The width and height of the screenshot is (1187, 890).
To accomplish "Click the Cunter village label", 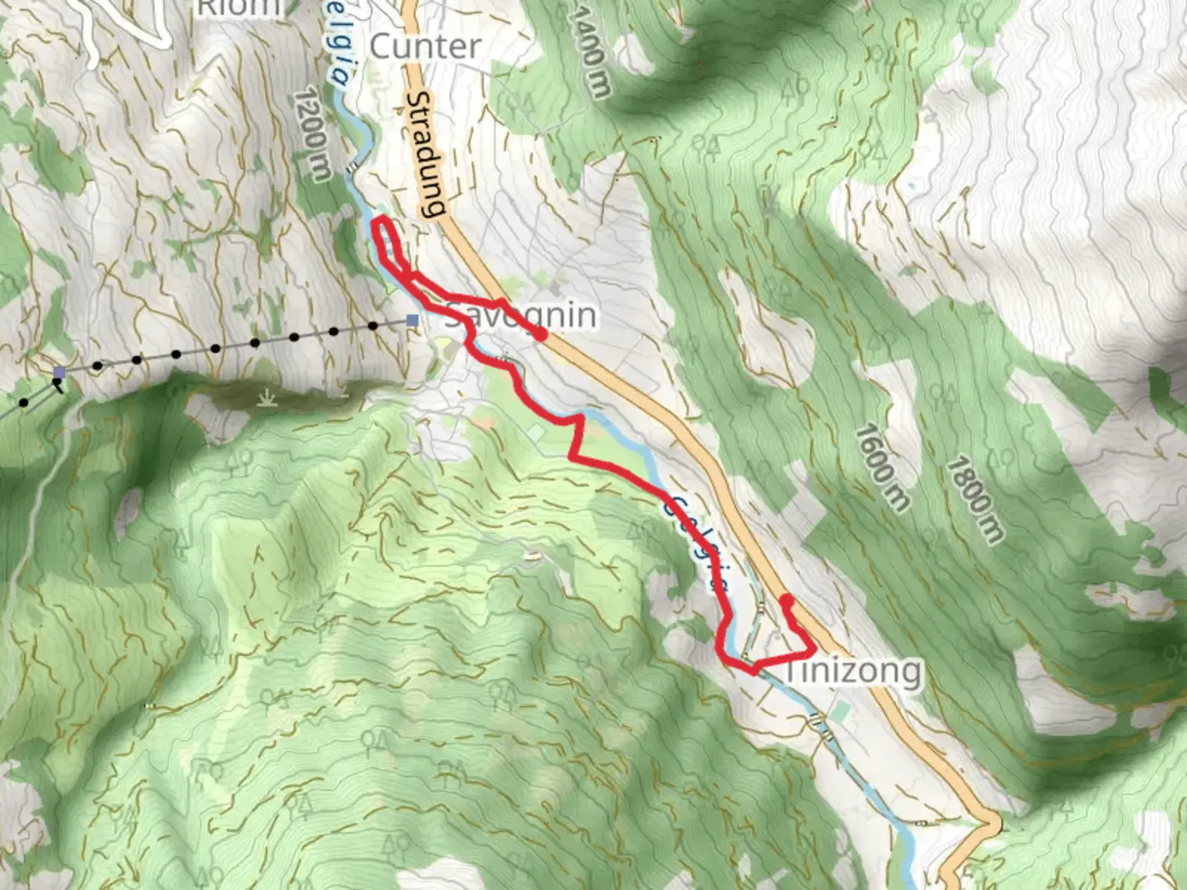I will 425,46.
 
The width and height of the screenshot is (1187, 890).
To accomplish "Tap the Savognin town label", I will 520,316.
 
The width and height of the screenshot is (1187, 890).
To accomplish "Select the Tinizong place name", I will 852,671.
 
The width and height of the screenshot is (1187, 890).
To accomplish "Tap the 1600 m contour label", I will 881,466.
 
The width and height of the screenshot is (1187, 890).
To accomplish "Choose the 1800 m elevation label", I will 974,499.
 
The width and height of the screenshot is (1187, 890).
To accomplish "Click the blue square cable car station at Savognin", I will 412,320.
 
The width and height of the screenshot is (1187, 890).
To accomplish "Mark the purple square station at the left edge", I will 59,373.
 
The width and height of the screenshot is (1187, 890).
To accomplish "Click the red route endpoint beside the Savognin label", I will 541,335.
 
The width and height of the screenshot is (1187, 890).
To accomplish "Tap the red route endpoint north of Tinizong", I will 786,599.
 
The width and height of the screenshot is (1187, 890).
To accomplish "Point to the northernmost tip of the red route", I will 381,218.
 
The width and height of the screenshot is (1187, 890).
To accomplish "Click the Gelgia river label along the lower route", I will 697,540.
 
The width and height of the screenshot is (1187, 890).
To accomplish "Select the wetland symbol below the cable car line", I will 266,400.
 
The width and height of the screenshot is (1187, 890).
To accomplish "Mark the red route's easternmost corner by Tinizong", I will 814,652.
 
